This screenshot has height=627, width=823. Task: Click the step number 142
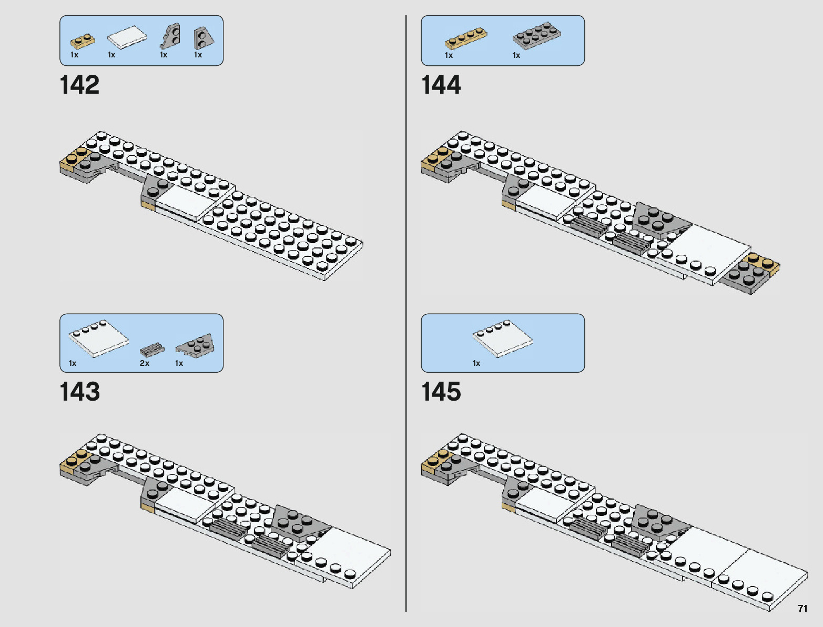point(79,85)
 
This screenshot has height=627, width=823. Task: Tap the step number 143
point(79,392)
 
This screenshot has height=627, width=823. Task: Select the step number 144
point(441,85)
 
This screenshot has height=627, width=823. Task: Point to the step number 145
point(441,392)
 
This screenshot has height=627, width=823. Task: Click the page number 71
point(802,609)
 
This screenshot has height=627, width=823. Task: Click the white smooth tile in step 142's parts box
point(127,37)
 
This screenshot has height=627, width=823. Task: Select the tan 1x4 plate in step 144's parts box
point(465,38)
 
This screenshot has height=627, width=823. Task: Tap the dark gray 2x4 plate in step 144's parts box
point(536,35)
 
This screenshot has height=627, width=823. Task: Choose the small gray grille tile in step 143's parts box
point(151,349)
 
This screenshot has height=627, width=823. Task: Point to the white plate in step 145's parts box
point(502,338)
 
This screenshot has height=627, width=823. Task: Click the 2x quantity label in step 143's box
point(145,363)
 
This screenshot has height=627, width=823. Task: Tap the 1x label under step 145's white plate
point(476,363)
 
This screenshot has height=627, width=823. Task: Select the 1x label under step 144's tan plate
point(449,55)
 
